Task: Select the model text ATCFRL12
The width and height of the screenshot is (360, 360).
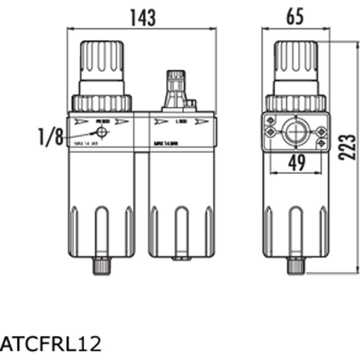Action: point(51,345)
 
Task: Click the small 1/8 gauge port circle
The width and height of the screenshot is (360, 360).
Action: point(102,132)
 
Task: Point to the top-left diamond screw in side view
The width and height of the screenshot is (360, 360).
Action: point(270,121)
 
